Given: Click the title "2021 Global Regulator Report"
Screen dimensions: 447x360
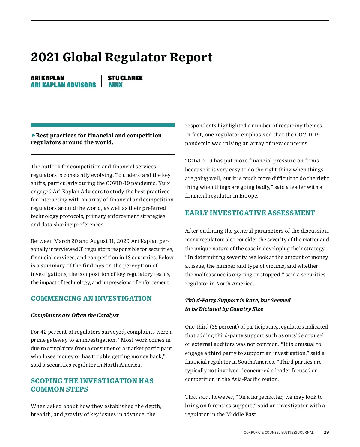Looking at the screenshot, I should (x=121, y=57).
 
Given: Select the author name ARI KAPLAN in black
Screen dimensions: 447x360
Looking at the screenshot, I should (x=47, y=78).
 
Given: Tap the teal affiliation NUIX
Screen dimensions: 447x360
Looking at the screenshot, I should (x=115, y=85).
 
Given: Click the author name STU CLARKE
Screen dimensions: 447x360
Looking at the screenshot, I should (x=125, y=78).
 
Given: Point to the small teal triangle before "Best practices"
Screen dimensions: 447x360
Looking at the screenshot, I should (x=33, y=135).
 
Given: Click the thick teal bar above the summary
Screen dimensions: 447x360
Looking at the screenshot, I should (x=103, y=125).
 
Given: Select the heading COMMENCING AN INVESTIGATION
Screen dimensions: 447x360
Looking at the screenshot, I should (x=91, y=299).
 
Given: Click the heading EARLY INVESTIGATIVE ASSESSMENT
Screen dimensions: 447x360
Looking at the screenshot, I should (x=250, y=213).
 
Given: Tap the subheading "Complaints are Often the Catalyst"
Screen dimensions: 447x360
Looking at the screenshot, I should (x=75, y=315).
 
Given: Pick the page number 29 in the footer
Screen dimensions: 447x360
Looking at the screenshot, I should (x=326, y=432).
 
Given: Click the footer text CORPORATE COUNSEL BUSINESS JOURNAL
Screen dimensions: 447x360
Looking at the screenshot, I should (x=279, y=432).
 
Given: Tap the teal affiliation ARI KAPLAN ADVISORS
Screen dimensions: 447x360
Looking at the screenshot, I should (x=63, y=85).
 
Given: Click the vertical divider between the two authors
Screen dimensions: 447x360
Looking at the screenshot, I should (x=102, y=81).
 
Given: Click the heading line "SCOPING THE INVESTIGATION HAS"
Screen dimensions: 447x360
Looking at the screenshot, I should (x=92, y=381).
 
